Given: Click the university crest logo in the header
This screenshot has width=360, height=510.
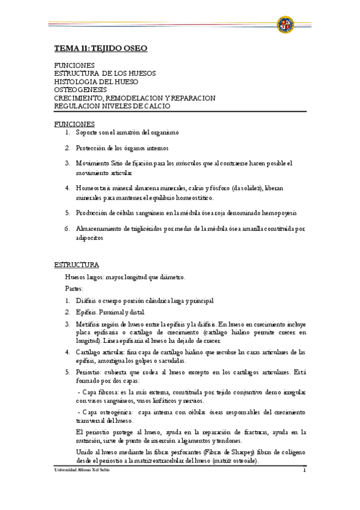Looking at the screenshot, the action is (x=285, y=25).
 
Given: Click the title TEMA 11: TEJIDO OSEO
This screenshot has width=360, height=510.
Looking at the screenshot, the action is (x=100, y=48).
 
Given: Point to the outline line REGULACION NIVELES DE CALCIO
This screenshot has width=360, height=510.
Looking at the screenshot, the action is (x=112, y=105).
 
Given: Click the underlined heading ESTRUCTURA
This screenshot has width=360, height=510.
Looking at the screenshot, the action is (x=77, y=265).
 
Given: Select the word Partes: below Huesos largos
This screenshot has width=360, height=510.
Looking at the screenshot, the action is (x=75, y=289).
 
